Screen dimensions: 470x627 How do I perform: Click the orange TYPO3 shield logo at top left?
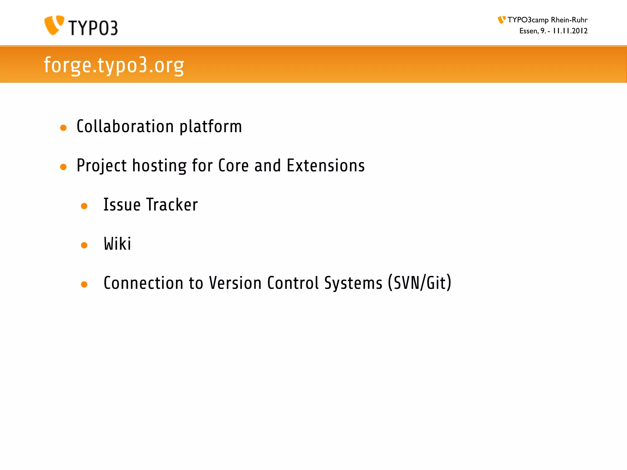click(54, 25)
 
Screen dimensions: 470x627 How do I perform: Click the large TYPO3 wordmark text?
click(93, 28)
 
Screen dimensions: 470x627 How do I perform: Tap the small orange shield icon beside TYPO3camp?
click(501, 20)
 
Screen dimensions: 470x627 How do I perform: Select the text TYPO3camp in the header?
click(528, 20)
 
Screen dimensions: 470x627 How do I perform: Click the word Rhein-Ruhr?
click(569, 20)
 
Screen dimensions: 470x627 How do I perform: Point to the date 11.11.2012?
click(570, 31)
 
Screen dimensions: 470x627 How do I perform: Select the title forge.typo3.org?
click(114, 65)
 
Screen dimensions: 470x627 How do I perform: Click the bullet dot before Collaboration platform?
click(63, 128)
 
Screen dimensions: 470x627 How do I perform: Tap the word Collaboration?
click(125, 126)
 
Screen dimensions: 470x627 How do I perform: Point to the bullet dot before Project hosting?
click(63, 167)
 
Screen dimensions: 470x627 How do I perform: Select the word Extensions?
click(326, 166)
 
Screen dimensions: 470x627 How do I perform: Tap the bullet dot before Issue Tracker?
click(84, 206)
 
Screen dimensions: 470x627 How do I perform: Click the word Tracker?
click(172, 205)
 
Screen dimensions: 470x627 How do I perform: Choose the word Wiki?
click(118, 244)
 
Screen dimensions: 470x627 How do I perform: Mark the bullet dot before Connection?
click(84, 284)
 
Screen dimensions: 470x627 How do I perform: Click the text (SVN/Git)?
click(419, 283)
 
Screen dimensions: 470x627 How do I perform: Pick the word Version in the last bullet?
click(235, 283)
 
